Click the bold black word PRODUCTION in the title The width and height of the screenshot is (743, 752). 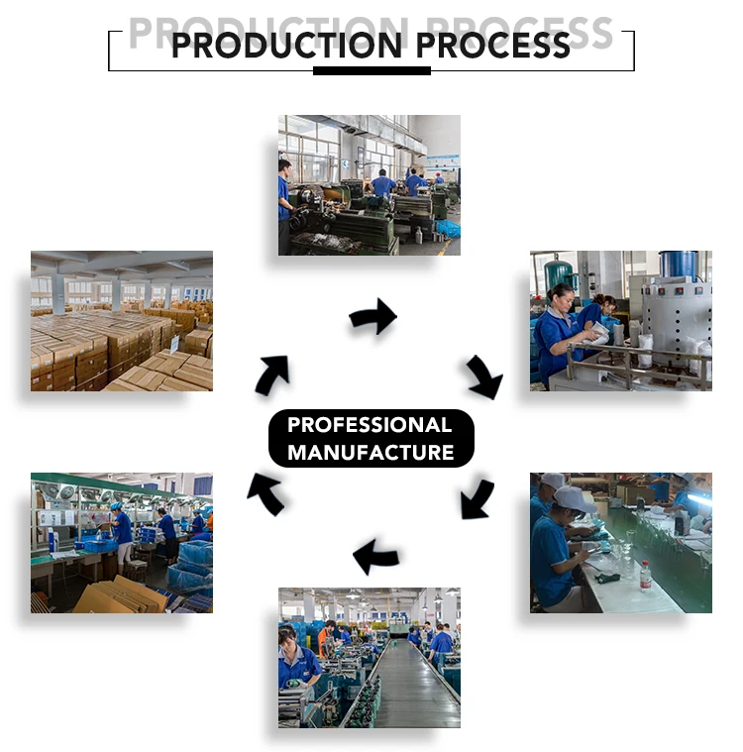pyautogui.click(x=287, y=46)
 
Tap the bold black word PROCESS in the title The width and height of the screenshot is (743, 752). pyautogui.click(x=493, y=46)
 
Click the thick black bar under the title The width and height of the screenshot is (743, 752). pyautogui.click(x=371, y=71)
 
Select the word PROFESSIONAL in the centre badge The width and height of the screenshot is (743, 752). pyautogui.click(x=370, y=426)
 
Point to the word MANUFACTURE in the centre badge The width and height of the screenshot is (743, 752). pyautogui.click(x=371, y=454)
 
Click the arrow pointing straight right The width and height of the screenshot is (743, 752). pyautogui.click(x=372, y=317)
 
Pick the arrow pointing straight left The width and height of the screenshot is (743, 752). pyautogui.click(x=376, y=557)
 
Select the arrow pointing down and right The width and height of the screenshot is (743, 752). pyautogui.click(x=484, y=377)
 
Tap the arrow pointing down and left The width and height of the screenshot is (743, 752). pyautogui.click(x=478, y=498)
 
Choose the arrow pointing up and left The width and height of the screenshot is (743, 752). pyautogui.click(x=265, y=493)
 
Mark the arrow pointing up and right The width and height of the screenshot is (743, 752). pyautogui.click(x=272, y=375)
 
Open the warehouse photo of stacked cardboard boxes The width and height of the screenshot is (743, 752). pyautogui.click(x=121, y=321)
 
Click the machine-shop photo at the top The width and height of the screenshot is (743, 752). pyautogui.click(x=369, y=184)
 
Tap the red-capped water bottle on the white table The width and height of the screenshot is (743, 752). pyautogui.click(x=646, y=577)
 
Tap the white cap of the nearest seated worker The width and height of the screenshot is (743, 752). pyautogui.click(x=574, y=497)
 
